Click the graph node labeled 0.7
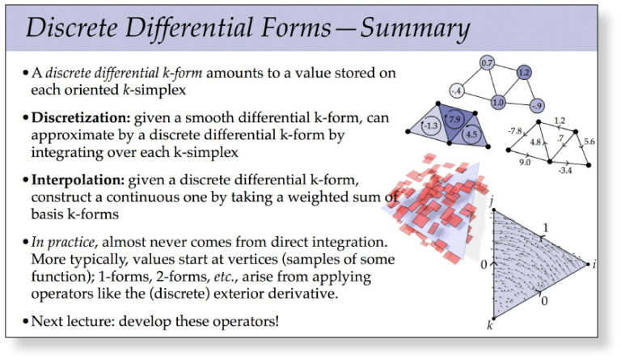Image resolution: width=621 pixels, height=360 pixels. (x=487, y=63)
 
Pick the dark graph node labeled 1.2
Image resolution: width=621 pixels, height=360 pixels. (x=522, y=74)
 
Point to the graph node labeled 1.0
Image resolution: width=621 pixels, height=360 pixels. (x=498, y=103)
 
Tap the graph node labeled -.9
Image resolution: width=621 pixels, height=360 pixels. (x=534, y=104)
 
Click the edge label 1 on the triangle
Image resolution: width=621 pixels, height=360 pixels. (x=545, y=228)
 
